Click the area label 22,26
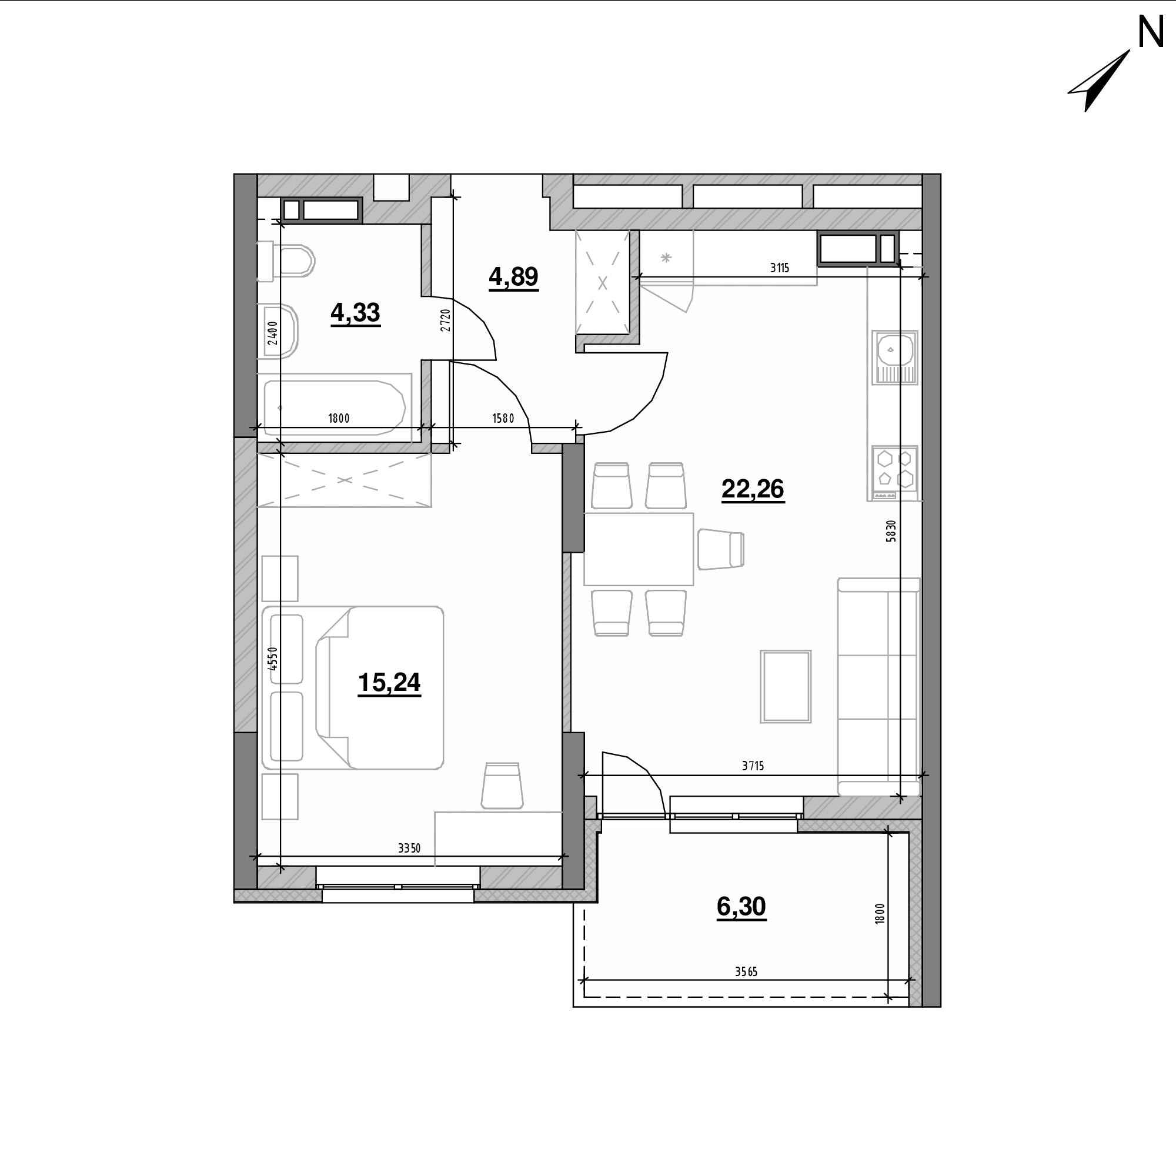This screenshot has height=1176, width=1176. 753,489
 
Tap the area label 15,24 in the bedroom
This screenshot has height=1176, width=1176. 389,683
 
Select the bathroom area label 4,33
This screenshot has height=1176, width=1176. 356,313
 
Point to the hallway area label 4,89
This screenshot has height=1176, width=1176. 513,278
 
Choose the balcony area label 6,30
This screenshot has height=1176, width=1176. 741,907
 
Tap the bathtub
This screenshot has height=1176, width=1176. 334,407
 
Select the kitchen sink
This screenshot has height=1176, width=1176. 894,358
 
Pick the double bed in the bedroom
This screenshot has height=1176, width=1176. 352,687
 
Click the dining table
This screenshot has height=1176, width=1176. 639,549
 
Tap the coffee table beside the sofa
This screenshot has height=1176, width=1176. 786,687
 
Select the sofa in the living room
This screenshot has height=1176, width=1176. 878,687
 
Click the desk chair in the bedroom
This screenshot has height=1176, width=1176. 502,786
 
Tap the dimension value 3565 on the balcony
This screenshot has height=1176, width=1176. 746,971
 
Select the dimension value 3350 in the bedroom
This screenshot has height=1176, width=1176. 409,848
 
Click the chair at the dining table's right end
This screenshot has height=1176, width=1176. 721,549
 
